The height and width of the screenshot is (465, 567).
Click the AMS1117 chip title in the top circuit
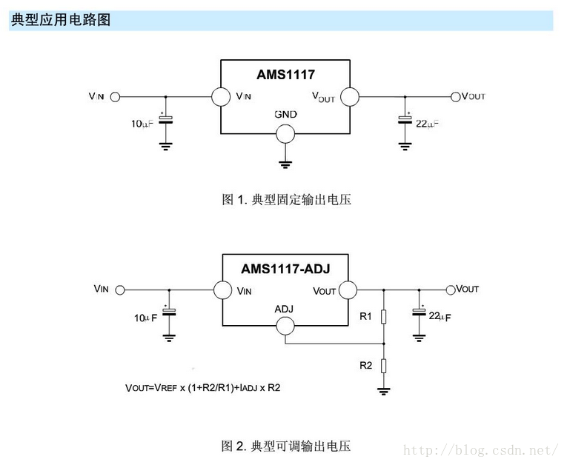(x=285, y=75)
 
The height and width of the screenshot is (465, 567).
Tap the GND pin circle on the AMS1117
(x=285, y=133)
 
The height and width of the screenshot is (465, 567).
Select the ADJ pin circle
(x=285, y=325)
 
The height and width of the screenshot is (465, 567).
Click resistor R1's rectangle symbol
(x=383, y=317)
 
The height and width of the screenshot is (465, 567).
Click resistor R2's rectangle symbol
(x=383, y=365)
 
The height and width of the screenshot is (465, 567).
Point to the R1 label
(x=365, y=317)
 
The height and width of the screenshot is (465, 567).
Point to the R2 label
(x=365, y=366)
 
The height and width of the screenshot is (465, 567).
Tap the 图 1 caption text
(x=286, y=199)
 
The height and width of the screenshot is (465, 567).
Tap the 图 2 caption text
(x=286, y=445)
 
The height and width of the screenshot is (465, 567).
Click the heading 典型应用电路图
(x=61, y=20)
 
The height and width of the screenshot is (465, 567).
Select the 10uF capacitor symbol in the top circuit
(x=165, y=119)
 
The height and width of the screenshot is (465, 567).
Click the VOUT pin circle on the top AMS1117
(x=349, y=97)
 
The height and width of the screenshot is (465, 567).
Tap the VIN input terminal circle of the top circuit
(x=115, y=97)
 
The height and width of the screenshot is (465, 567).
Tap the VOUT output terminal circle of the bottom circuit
(x=451, y=290)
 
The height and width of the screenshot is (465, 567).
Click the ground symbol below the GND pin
(x=285, y=164)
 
